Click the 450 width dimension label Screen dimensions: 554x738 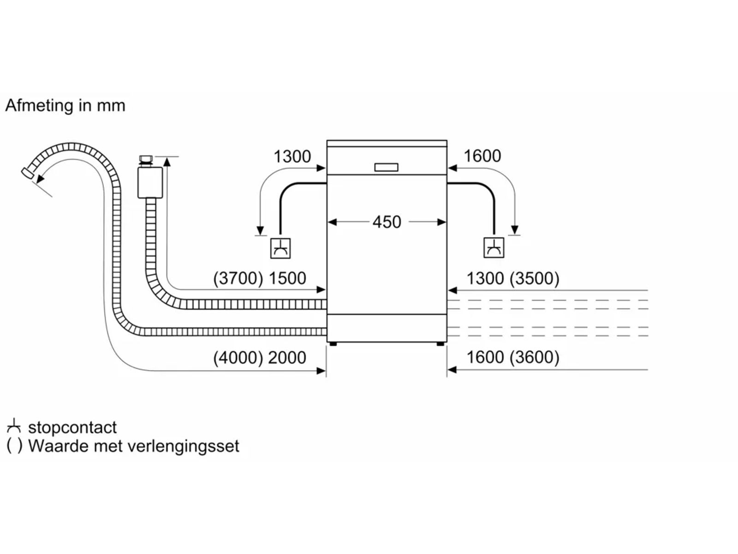387,222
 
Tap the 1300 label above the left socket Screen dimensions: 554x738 292,157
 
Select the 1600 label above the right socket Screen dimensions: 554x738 482,156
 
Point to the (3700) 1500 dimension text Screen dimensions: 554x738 260,278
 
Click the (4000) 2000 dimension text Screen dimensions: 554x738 260,358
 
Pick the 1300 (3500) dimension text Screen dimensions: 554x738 512,278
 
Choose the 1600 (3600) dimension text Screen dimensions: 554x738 512,357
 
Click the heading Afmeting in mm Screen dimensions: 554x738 65,106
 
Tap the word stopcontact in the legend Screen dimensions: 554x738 72,428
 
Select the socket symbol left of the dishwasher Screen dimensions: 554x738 280,248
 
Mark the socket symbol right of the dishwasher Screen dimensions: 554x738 494,248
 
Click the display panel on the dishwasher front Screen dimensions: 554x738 386,167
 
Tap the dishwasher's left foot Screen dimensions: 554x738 333,344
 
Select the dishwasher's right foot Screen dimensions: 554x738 441,344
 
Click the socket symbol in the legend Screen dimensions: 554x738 14,427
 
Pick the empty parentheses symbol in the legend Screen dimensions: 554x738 14,446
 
